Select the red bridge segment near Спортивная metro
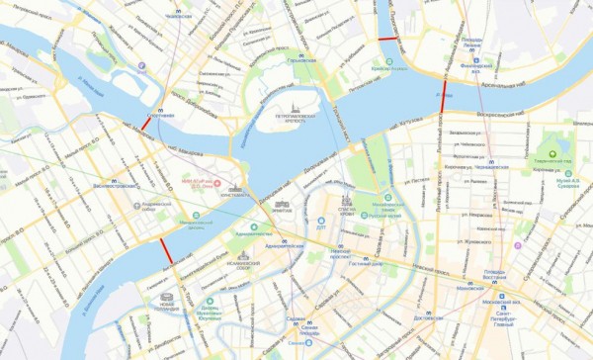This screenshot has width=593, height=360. click(x=146, y=127)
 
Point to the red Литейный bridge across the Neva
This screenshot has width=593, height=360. click(x=442, y=99)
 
